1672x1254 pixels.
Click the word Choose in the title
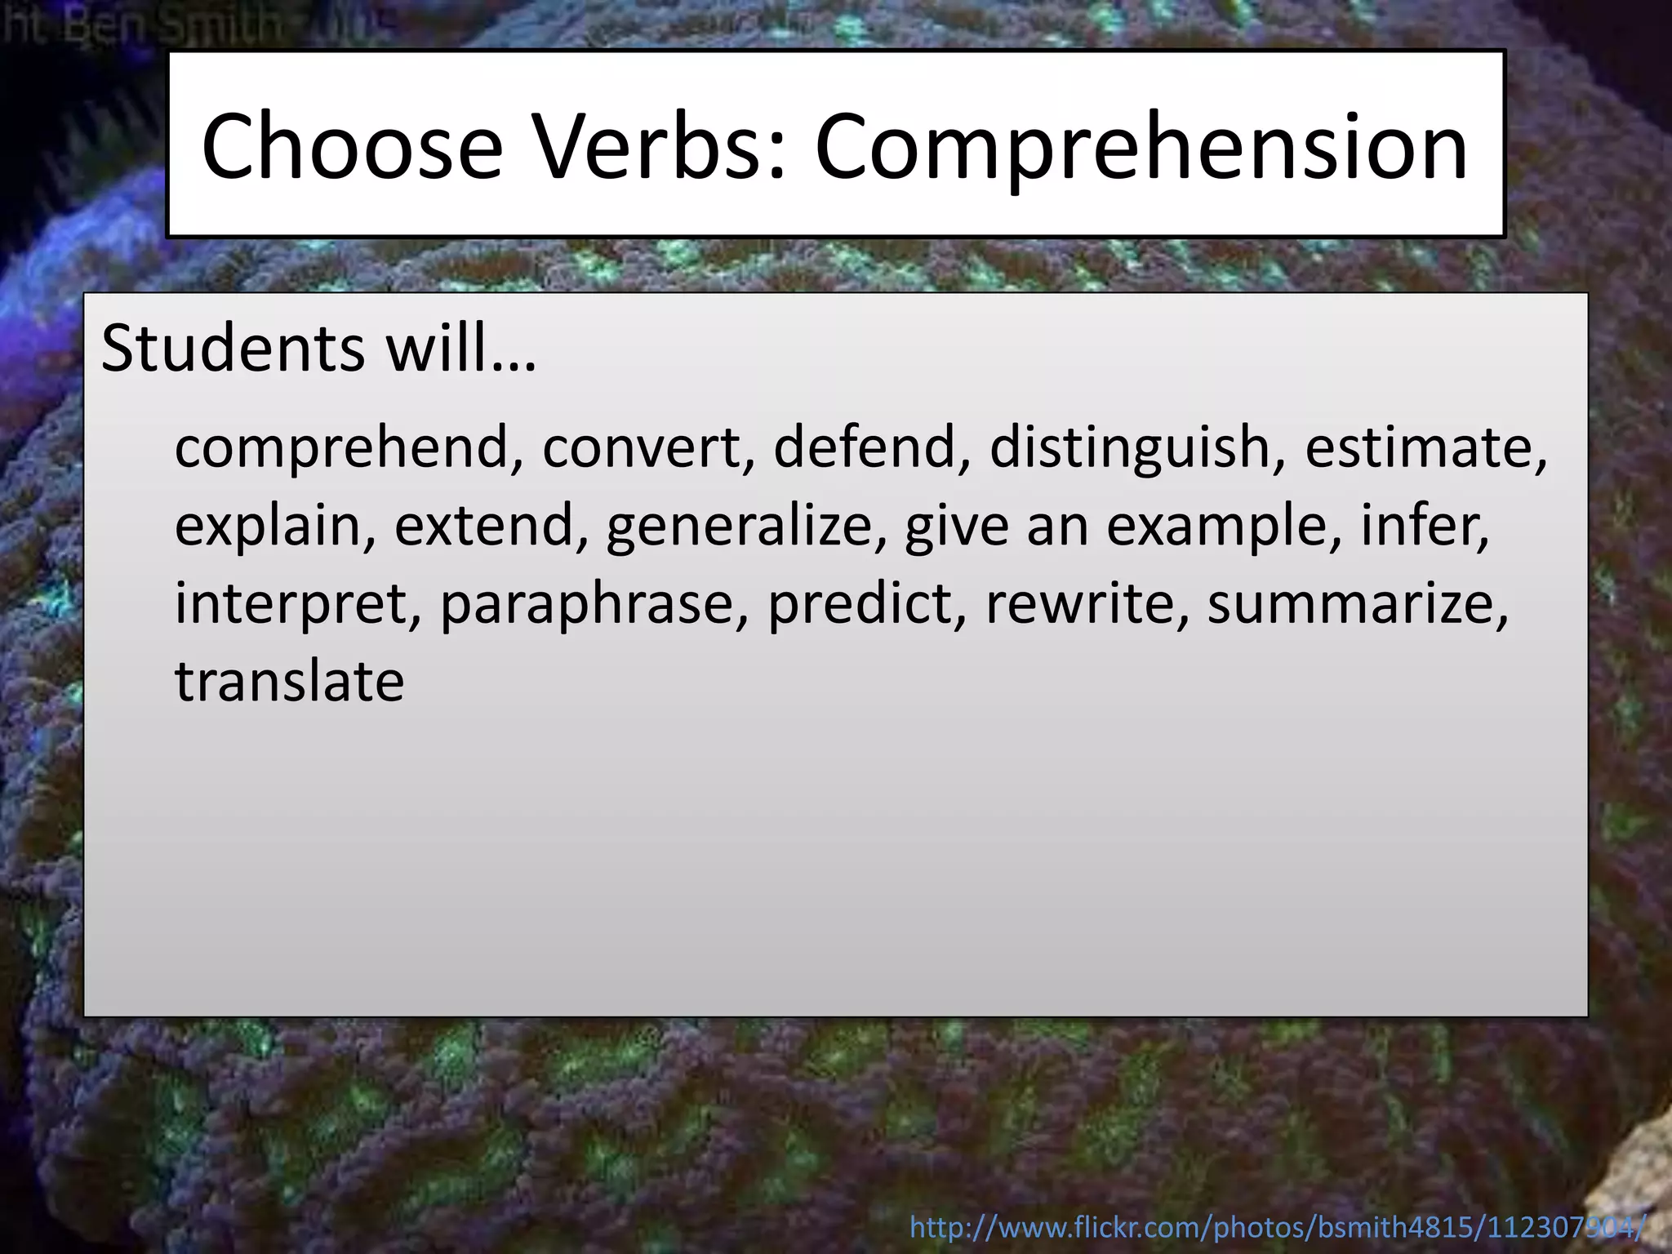coord(352,147)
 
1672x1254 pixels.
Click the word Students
coord(233,349)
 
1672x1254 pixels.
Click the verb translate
coord(289,681)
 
